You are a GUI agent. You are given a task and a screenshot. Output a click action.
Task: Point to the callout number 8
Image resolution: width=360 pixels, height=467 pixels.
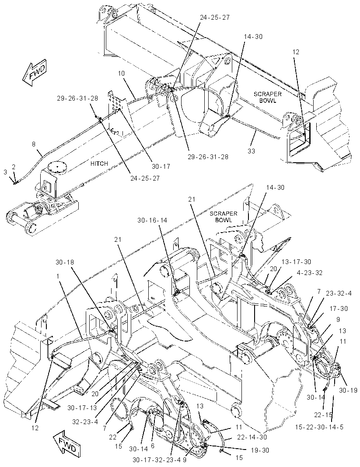coord(34,144)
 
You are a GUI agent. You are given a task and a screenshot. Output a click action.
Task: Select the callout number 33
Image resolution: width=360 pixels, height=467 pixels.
coord(252,151)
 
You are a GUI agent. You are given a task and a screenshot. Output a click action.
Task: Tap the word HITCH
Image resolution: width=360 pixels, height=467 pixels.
coord(99,164)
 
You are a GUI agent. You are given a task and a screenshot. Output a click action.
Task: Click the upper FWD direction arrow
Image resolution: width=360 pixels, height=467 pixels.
coord(35,73)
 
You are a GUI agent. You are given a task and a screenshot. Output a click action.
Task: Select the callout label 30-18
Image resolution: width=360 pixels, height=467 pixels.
coord(65,262)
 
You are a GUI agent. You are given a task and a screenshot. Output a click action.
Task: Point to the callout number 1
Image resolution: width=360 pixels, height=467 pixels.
coord(57,276)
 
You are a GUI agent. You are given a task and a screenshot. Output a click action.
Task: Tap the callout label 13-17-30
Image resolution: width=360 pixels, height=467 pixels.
coord(296,262)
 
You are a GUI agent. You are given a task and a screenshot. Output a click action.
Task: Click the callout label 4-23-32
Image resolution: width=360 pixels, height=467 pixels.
coord(310,272)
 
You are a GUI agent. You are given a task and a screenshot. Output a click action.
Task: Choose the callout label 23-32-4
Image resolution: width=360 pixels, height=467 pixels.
coord(339,293)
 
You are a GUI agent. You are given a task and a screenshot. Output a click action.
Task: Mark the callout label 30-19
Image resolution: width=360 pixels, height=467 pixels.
coord(348,390)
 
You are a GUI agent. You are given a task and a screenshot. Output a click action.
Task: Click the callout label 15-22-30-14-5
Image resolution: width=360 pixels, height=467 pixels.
coord(319,427)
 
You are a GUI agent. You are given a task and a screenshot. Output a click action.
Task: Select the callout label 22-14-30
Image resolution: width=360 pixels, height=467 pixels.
coord(252,437)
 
